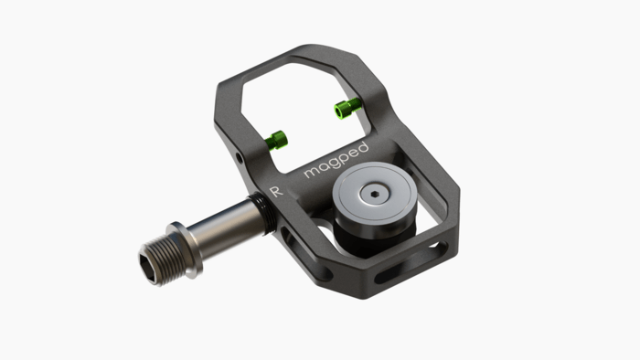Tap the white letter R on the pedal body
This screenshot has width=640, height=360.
pyautogui.click(x=276, y=192)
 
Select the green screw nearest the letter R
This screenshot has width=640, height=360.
pyautogui.click(x=275, y=140)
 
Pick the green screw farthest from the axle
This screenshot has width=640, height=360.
pyautogui.click(x=345, y=110)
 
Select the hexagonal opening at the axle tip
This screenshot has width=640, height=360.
pyautogui.click(x=149, y=263)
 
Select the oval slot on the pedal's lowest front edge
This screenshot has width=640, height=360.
pyautogui.click(x=389, y=275)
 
